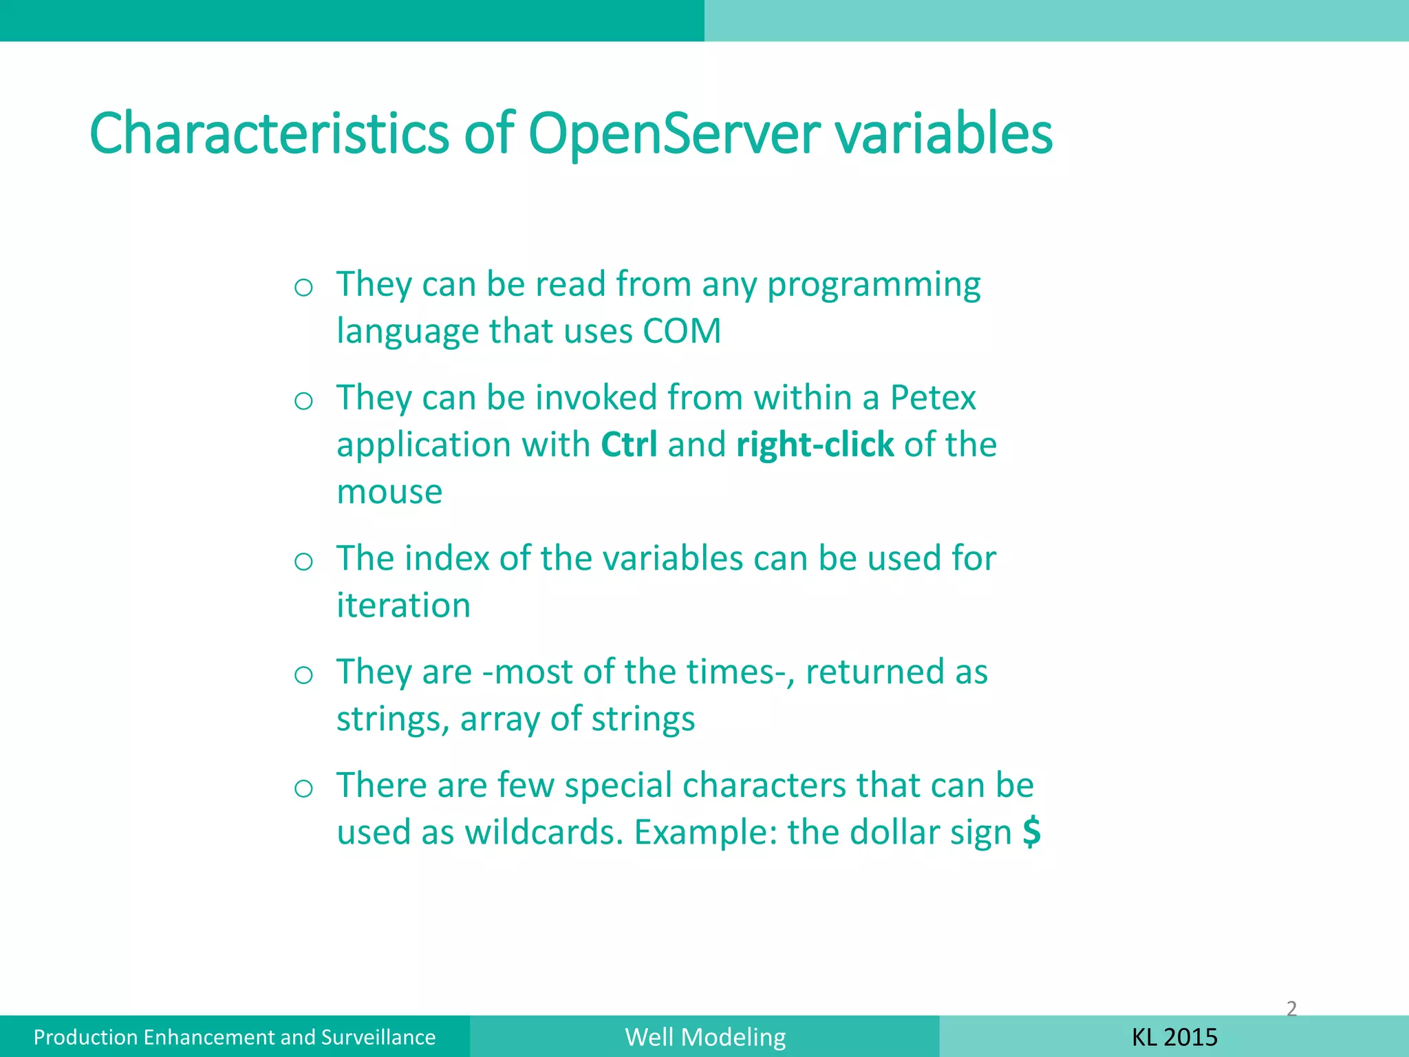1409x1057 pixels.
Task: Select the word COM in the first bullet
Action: pyautogui.click(x=681, y=331)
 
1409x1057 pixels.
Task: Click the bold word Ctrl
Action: pyautogui.click(x=629, y=445)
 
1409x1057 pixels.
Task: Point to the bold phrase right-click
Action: pyautogui.click(x=815, y=445)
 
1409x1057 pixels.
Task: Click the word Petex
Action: pyautogui.click(x=932, y=398)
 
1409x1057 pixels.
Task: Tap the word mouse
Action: pyautogui.click(x=389, y=492)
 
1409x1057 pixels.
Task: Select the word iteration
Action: pyautogui.click(x=403, y=606)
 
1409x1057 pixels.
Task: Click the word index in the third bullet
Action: pyautogui.click(x=447, y=558)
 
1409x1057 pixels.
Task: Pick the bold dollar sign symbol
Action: pyautogui.click(x=1031, y=832)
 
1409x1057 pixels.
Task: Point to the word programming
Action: pyautogui.click(x=874, y=285)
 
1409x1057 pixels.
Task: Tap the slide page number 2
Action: pyautogui.click(x=1291, y=1009)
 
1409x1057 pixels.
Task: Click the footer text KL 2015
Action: pyautogui.click(x=1174, y=1037)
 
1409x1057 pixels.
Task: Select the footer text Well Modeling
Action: pyautogui.click(x=705, y=1037)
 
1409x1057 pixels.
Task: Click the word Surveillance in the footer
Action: pyautogui.click(x=378, y=1037)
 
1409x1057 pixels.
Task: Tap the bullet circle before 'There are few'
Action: pyautogui.click(x=303, y=788)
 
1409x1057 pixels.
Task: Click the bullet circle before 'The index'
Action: pyautogui.click(x=303, y=562)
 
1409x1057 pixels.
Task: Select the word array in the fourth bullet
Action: pyautogui.click(x=500, y=720)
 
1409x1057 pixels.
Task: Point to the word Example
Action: pyautogui.click(x=705, y=833)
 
